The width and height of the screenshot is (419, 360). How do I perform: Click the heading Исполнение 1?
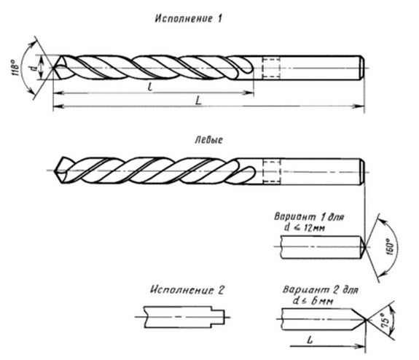pos(189,19)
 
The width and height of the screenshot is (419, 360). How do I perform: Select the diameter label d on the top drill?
pos(34,68)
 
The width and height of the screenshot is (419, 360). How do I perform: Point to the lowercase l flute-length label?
pos(150,86)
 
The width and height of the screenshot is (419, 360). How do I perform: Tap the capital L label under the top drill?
pos(198,101)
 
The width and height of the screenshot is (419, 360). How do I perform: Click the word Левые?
pos(208,140)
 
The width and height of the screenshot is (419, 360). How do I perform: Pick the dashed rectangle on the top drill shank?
pos(271,68)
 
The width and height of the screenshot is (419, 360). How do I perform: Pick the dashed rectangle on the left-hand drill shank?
pos(272,171)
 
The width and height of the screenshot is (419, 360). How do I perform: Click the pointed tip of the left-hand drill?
pos(55,171)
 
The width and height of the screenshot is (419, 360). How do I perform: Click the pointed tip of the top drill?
pos(53,68)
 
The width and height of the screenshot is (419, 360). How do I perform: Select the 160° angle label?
pos(390,247)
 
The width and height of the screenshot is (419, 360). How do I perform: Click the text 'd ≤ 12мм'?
pos(305,227)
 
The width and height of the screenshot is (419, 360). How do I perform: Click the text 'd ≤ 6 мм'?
pos(313,301)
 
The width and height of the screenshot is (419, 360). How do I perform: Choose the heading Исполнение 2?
pos(187,290)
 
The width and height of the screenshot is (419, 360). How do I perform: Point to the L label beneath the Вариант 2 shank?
pos(310,340)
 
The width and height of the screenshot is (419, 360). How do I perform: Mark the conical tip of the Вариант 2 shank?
pos(359,319)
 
